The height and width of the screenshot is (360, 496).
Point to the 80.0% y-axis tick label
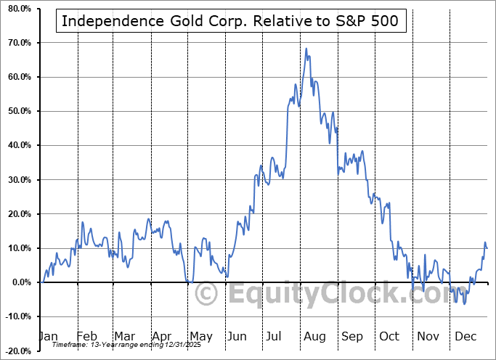point(19,9)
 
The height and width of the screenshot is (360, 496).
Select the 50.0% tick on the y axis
point(19,111)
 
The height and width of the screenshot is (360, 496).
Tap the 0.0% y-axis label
point(20,282)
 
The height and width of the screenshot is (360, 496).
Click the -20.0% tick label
point(18,351)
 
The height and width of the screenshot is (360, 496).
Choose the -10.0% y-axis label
point(18,316)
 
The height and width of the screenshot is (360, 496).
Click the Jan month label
point(47,337)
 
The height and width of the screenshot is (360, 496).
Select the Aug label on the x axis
point(314,337)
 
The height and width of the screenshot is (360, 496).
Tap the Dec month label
point(465,337)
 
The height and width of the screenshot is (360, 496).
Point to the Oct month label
point(389,337)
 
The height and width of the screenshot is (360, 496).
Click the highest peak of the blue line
point(306,49)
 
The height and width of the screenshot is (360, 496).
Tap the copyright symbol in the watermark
point(208,294)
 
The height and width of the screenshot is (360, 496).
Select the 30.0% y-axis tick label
point(19,179)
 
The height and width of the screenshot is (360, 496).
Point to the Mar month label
point(124,337)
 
